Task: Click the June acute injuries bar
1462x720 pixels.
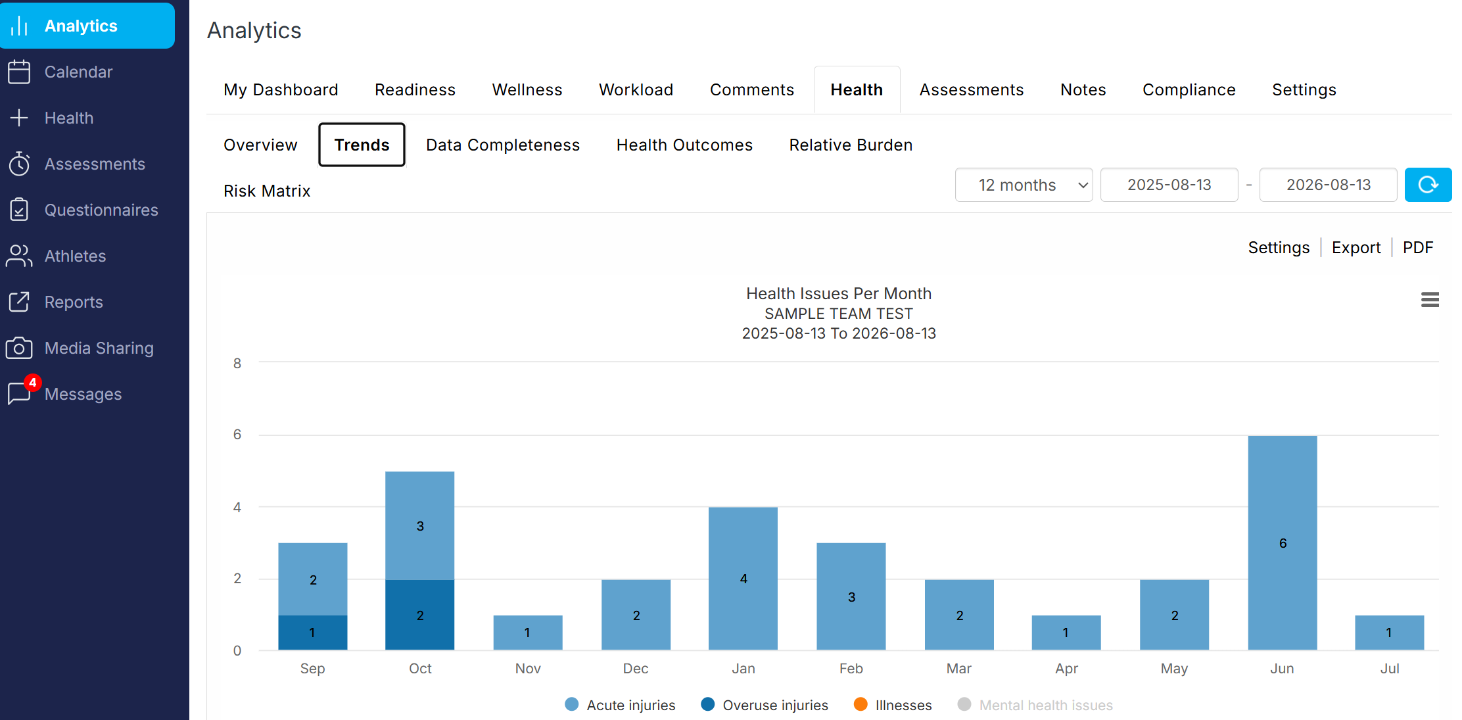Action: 1282,542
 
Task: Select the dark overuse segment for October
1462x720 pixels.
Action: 419,615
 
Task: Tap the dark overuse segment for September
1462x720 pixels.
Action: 312,633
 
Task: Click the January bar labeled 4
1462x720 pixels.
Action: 743,579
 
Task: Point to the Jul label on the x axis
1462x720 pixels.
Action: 1390,669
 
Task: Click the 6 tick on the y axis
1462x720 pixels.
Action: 237,435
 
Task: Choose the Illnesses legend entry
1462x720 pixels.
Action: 893,705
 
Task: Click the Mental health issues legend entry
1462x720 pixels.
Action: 1035,705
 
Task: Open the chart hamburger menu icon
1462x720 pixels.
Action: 1430,300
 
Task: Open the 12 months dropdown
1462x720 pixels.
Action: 1024,185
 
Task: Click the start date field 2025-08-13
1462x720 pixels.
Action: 1169,185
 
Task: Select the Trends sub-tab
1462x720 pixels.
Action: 362,145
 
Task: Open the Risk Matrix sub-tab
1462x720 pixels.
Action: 267,191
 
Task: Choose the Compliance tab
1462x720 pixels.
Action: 1189,89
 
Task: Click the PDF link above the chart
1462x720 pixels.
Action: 1417,247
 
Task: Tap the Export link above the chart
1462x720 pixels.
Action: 1356,247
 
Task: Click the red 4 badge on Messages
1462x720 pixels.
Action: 32,383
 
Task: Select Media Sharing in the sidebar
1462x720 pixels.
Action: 99,348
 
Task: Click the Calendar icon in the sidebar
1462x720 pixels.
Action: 19,72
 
